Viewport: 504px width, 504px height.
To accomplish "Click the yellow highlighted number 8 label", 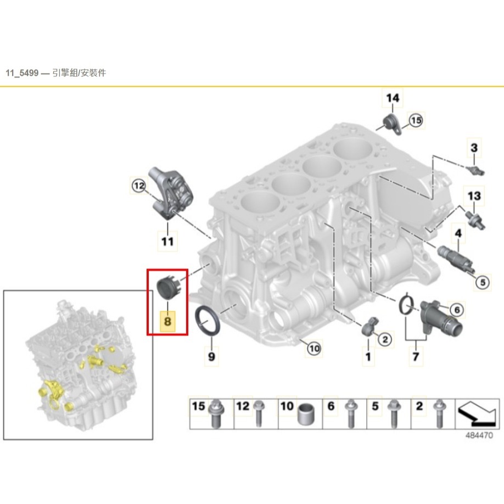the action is pos(167,321).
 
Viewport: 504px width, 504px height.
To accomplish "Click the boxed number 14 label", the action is pos(393,98).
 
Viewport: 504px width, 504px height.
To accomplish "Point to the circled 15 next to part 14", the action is pos(416,121).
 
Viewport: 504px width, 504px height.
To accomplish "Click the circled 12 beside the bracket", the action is pos(139,186).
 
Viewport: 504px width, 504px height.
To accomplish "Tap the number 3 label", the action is pos(474,148).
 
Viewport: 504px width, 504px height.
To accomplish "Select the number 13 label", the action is pos(474,196).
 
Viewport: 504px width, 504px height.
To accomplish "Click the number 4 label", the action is pos(458,233).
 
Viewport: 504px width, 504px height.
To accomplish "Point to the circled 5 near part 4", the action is pos(482,283).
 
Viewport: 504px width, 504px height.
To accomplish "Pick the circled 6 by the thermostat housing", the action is pos(457,310).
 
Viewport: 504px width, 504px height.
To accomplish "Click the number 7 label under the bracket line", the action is pos(416,356).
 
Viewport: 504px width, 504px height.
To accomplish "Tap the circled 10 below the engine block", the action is pos(313,349).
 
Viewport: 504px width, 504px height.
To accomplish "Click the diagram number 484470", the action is pos(479,435).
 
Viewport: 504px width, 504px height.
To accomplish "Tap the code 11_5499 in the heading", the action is pos(22,73).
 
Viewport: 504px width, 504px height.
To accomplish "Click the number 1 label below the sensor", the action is pos(368,356).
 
